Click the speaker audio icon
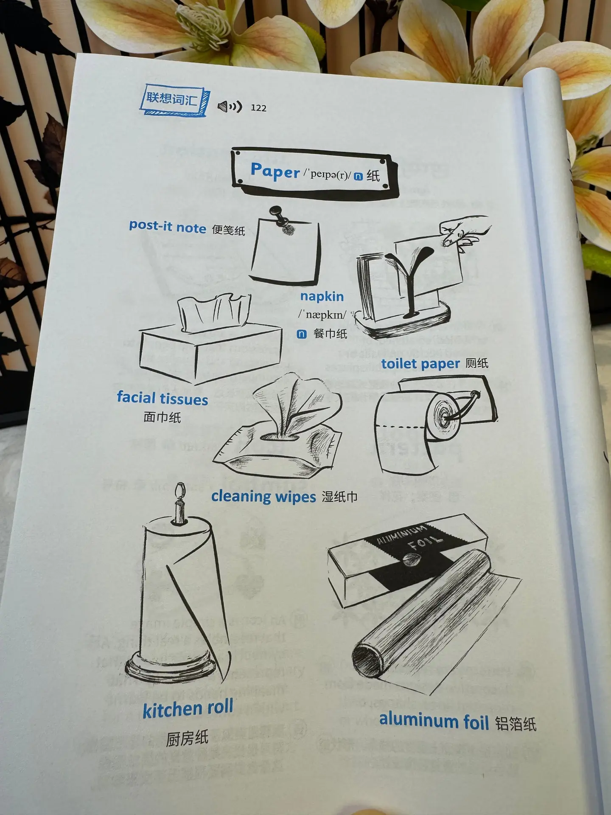[x=230, y=107]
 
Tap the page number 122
[x=258, y=108]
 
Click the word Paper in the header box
[x=275, y=171]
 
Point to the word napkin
[x=322, y=296]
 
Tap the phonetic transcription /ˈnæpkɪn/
[x=322, y=315]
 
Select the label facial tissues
[x=163, y=398]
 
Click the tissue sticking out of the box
[x=213, y=313]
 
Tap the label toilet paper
[x=420, y=364]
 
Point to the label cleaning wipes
[x=263, y=497]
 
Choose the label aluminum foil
[x=434, y=721]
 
